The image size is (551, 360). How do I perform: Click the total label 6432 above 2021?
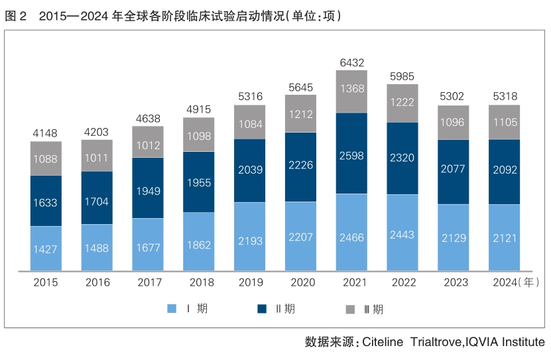point(351,63)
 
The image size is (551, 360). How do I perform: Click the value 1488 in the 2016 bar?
point(97,248)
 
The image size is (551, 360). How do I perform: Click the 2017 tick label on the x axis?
point(148,282)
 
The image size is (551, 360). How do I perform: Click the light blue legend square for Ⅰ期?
point(172,308)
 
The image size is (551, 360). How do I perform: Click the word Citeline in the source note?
point(383,342)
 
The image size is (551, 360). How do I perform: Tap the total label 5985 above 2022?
point(402,75)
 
